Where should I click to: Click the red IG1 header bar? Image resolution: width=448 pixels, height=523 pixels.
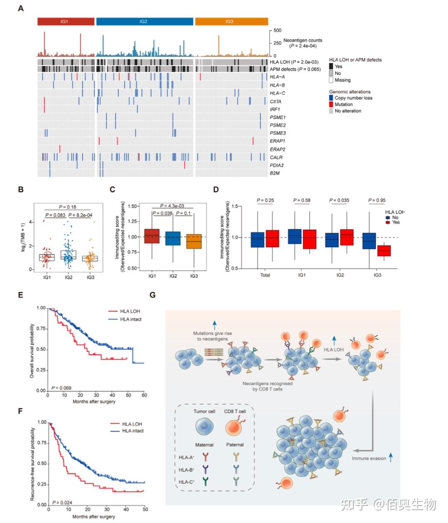pos(66,22)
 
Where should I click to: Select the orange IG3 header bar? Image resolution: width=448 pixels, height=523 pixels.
pos(231,22)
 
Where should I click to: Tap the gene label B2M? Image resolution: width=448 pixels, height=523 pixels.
pos(275,173)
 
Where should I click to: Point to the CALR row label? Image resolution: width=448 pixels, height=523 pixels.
pos(276,157)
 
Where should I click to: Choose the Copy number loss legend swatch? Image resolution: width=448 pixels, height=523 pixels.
pos(331,98)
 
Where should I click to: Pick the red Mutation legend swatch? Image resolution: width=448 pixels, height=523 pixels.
pos(331,104)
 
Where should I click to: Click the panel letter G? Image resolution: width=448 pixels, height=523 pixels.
pos(153,295)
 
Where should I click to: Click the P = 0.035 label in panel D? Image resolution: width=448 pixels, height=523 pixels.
pos(340,200)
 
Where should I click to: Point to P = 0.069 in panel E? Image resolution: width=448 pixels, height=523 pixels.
pos(61,388)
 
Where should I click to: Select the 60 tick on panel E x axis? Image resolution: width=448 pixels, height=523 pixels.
pos(144,395)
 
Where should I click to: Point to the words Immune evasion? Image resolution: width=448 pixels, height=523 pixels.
pos(369,459)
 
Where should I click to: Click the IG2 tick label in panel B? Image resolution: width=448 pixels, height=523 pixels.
pos(68,277)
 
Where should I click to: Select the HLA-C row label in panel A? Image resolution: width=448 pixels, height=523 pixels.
pos(277,93)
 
